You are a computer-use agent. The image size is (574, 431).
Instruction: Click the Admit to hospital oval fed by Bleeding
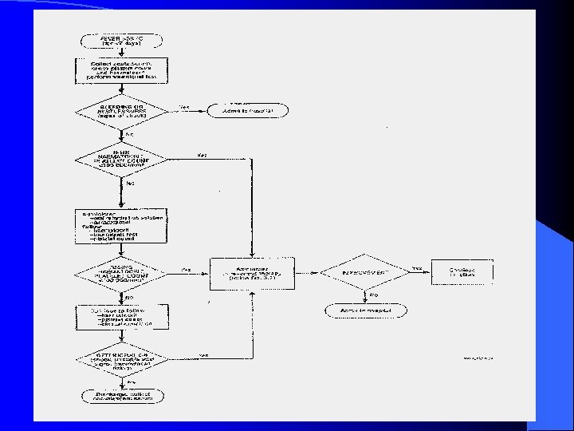click(246, 110)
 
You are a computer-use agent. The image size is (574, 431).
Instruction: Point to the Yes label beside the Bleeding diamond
click(184, 106)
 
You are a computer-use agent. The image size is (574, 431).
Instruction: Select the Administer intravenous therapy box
click(251, 273)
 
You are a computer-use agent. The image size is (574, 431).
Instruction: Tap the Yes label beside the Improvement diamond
click(416, 269)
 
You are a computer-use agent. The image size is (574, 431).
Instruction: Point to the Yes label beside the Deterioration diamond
click(204, 354)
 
